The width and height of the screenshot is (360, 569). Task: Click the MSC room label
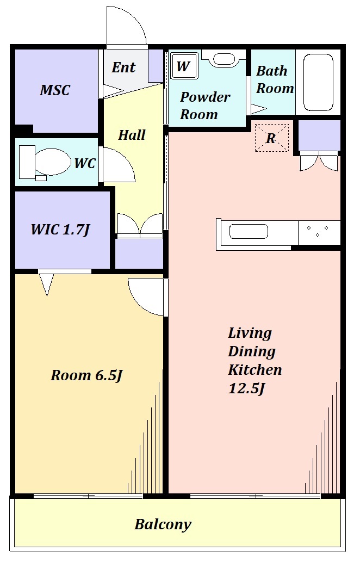(x=54, y=90)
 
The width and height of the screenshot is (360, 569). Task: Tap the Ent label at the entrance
(x=123, y=67)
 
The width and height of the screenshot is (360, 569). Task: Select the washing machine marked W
(x=184, y=66)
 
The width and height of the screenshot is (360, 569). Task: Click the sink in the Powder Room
(x=224, y=59)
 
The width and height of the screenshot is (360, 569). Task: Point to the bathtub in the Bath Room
(x=318, y=82)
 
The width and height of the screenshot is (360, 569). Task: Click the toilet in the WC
(x=45, y=163)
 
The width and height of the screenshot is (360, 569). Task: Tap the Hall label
(x=132, y=135)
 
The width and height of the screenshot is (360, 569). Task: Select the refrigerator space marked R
(x=272, y=138)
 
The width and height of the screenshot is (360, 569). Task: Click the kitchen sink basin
(x=249, y=232)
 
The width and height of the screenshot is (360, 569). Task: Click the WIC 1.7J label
(x=60, y=230)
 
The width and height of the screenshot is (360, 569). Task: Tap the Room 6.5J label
(x=86, y=375)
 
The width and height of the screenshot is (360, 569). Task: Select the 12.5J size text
(x=247, y=388)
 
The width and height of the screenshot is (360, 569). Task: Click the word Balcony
(x=163, y=525)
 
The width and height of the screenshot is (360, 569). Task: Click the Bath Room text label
(x=275, y=79)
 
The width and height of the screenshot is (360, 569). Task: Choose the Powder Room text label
(x=205, y=106)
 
